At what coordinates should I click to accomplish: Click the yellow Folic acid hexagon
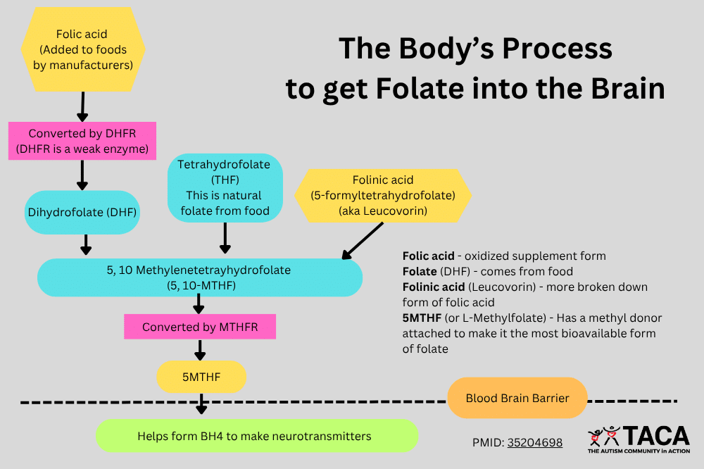(x=83, y=49)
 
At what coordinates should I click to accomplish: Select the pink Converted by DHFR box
(x=82, y=141)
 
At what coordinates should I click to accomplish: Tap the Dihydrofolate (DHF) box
(x=82, y=211)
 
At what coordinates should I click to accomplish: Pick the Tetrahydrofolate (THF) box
(x=225, y=187)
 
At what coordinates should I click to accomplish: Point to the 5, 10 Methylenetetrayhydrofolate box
(x=199, y=277)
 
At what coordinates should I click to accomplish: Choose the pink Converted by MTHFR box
(x=199, y=327)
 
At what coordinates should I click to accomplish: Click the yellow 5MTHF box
(x=201, y=377)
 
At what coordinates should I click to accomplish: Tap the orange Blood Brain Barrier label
(x=517, y=398)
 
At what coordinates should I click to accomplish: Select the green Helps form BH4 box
(x=256, y=436)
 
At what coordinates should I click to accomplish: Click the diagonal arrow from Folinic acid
(x=363, y=241)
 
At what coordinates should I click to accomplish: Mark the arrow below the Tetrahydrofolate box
(x=225, y=238)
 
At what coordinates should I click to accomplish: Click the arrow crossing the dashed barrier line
(x=202, y=404)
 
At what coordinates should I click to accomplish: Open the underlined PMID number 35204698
(x=534, y=443)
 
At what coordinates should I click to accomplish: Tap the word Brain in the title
(x=620, y=89)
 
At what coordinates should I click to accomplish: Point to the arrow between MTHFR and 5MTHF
(x=201, y=349)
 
